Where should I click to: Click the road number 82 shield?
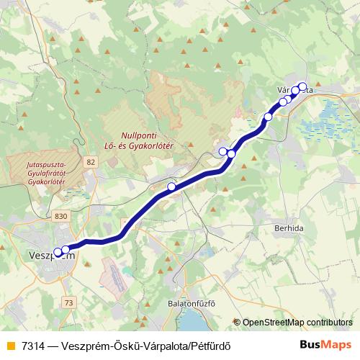(x=89, y=163)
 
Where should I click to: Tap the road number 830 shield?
(x=62, y=216)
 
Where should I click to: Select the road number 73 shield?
(x=68, y=303)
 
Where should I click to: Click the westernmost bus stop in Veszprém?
(x=58, y=252)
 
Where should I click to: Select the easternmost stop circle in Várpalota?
(x=302, y=86)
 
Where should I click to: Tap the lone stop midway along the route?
(x=171, y=187)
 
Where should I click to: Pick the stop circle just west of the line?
(x=222, y=151)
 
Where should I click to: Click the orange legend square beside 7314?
(x=9, y=345)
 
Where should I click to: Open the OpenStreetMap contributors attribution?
(x=297, y=322)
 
